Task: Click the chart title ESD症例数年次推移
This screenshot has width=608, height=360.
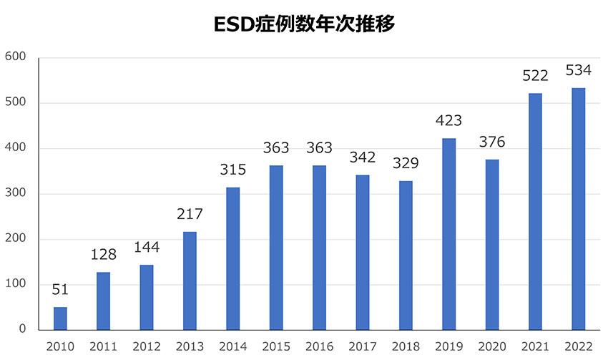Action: (304, 24)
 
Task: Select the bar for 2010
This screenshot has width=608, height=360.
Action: (60, 318)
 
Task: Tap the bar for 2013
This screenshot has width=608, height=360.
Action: (190, 281)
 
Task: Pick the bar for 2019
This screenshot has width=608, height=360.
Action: (449, 234)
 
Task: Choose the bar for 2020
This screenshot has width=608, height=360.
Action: (492, 245)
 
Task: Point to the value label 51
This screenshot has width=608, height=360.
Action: (60, 290)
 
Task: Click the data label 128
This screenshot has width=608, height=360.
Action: (103, 255)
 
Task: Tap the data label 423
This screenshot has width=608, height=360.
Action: (449, 120)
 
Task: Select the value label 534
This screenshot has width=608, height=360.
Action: (579, 70)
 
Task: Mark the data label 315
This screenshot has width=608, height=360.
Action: (232, 170)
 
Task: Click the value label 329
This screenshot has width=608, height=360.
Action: (406, 163)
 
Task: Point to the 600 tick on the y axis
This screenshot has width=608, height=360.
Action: (15, 57)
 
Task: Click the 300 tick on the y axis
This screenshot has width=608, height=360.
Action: (15, 194)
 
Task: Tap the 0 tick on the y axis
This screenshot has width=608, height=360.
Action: (23, 330)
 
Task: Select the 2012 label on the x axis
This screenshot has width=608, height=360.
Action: (147, 346)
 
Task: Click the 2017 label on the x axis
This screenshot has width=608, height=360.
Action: (363, 346)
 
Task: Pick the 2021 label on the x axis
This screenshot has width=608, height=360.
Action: (535, 346)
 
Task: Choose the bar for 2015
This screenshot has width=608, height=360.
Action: (276, 248)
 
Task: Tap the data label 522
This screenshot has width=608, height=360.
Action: (535, 76)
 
